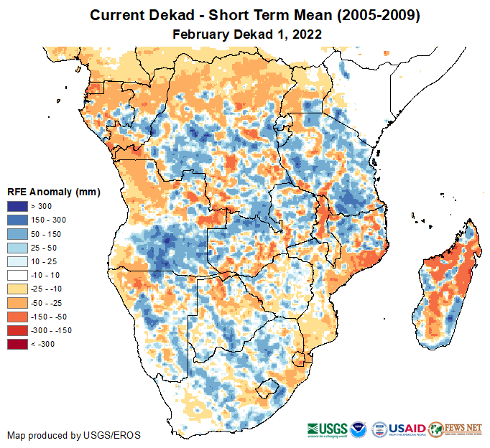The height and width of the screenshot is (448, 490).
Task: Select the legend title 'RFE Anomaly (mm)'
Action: [x=53, y=192]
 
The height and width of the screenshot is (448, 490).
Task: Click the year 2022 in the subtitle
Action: [x=306, y=34]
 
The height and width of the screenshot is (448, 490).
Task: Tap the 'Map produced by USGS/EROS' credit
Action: [x=74, y=435]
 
